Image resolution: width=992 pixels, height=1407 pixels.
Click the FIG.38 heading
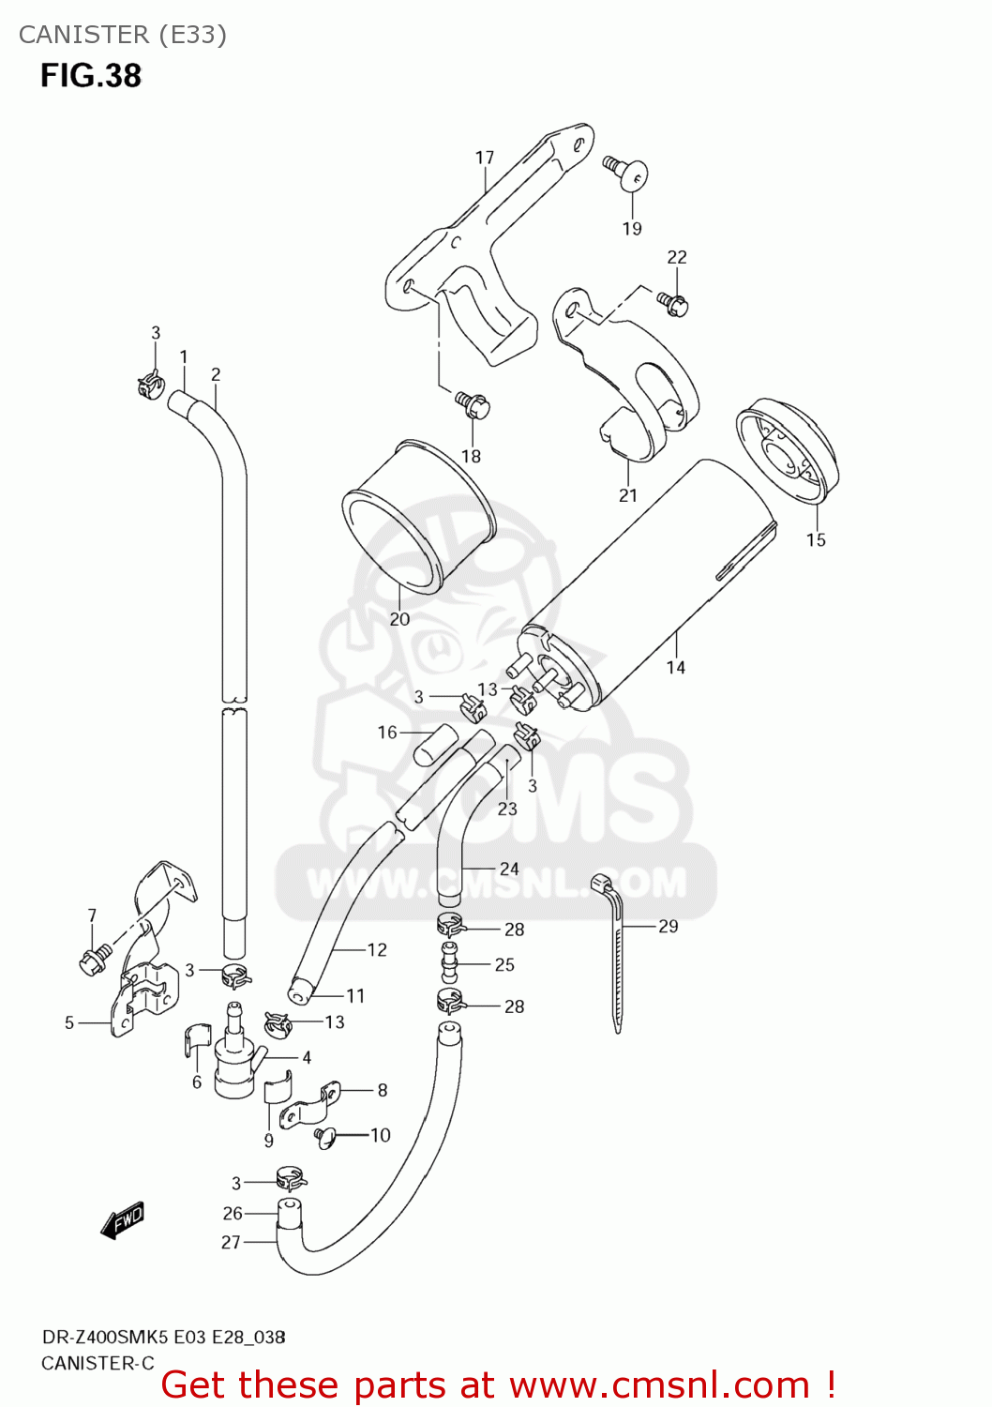coord(91,76)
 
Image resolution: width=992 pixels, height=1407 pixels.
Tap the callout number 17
coord(485,158)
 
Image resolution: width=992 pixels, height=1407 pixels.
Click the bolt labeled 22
coord(674,303)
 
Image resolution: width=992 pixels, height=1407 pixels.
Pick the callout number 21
coord(628,495)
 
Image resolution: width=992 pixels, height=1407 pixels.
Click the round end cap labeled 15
coord(788,450)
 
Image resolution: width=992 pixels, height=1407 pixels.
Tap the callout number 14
coord(676,667)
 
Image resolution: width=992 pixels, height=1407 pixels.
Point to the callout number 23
coord(507,809)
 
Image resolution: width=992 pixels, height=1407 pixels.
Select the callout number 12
coord(377,950)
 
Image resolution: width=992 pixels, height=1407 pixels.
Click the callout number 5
coord(69,1022)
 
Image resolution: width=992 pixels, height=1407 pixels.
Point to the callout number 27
coord(231,1242)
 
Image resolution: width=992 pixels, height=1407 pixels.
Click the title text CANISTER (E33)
coord(123,35)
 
